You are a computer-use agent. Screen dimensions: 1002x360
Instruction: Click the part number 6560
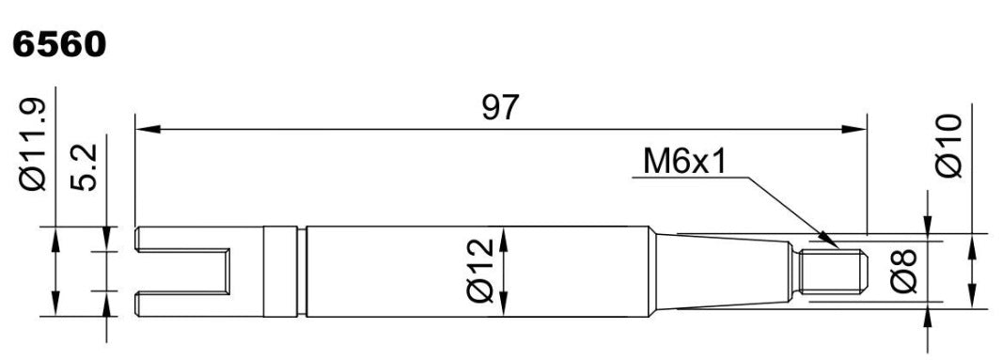point(59,45)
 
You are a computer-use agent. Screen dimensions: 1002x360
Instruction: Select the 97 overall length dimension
point(500,108)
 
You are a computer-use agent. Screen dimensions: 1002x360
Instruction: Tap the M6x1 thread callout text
point(684,162)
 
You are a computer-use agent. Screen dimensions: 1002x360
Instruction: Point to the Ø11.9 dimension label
point(34,145)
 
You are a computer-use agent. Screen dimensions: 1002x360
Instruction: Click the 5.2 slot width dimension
point(84,167)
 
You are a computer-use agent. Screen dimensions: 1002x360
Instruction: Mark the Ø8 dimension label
point(904,272)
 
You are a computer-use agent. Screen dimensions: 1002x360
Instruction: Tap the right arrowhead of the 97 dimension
point(854,129)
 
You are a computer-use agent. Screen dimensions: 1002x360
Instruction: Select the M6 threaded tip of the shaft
point(831,272)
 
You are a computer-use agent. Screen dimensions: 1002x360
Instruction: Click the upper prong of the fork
point(182,239)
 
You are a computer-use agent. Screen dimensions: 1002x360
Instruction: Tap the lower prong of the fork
point(182,305)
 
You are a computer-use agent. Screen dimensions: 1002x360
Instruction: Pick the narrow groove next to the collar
point(302,272)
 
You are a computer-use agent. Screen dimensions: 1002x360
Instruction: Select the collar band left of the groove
point(280,272)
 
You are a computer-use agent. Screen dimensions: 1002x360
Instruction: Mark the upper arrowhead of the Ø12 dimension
point(504,239)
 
